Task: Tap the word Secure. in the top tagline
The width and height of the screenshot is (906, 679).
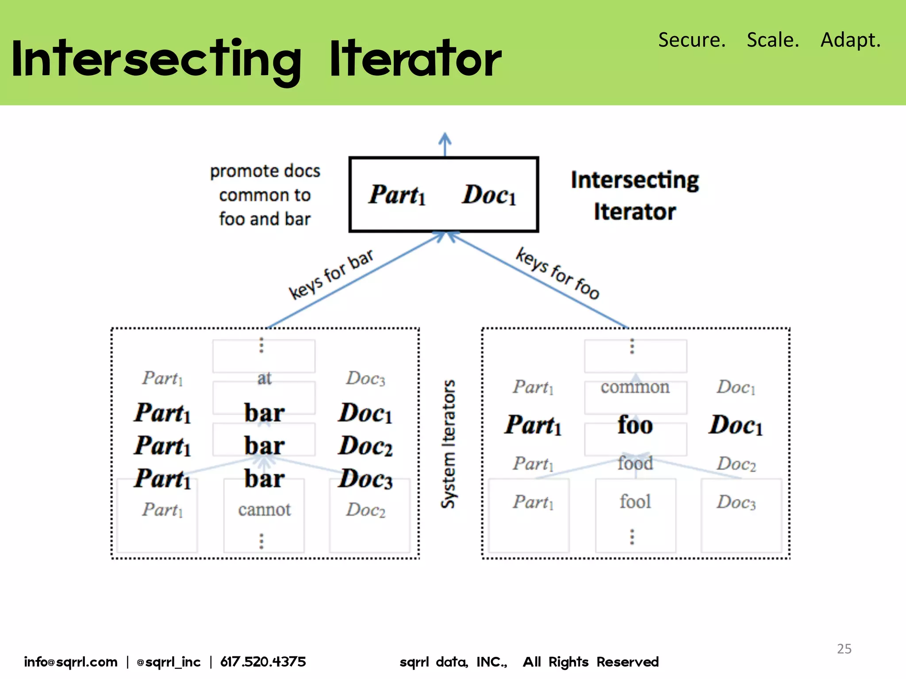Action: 691,40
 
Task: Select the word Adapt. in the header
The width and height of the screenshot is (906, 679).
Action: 850,40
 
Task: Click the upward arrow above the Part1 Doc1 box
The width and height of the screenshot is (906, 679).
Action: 445,144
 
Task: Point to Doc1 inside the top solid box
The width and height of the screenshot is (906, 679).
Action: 489,195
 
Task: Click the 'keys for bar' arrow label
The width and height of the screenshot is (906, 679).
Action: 331,274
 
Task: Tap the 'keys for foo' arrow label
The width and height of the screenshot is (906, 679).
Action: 557,273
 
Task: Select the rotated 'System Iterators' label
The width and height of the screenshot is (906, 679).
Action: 449,444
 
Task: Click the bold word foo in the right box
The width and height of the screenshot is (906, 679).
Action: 635,425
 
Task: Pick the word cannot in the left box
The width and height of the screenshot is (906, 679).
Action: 264,510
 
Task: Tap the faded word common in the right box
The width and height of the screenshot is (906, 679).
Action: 635,387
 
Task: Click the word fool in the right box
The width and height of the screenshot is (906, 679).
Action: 635,502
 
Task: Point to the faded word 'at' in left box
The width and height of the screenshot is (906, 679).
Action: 264,378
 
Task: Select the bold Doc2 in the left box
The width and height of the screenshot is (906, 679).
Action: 365,446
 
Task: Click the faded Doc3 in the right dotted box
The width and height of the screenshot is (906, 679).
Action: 736,502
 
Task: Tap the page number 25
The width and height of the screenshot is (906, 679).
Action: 844,648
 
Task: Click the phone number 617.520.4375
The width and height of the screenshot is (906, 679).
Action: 263,662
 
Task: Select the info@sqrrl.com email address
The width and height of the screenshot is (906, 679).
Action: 71,662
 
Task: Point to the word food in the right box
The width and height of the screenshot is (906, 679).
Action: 635,463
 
